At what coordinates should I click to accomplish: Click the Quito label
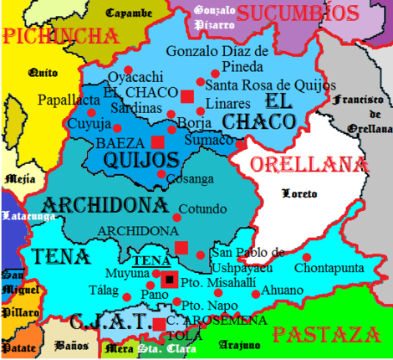click(43, 73)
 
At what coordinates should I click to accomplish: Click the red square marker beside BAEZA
click(158, 141)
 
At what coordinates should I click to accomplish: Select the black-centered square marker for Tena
click(170, 279)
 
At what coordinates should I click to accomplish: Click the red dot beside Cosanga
click(161, 174)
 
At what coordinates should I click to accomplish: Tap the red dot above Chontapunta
click(307, 257)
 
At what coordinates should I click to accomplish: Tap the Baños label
click(66, 344)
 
